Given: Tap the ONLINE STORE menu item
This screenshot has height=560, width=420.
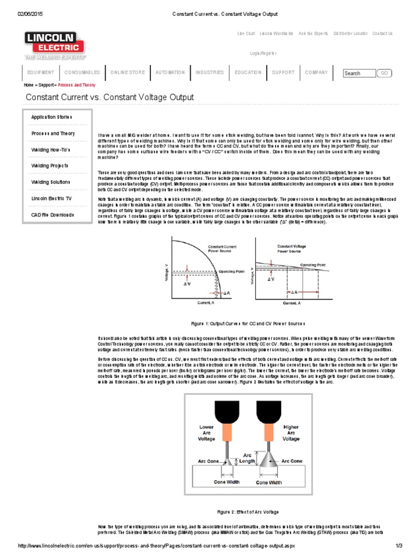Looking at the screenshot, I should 127,72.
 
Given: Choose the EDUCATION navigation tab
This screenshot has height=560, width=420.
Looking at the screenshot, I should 248,72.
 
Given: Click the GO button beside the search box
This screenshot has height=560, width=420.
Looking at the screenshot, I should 384,73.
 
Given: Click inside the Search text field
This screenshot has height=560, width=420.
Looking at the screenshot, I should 359,73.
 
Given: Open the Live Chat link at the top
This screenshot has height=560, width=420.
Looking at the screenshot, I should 246,33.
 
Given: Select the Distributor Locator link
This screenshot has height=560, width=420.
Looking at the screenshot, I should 350,33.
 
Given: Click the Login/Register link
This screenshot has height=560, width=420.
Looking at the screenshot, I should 263,53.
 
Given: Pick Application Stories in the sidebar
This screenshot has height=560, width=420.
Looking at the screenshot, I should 51,117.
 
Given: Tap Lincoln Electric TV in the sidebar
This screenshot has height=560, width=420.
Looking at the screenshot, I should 51,199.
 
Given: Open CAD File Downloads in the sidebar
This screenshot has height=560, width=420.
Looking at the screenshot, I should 52,215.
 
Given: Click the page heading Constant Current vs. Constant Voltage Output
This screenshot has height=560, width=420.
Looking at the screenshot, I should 110,97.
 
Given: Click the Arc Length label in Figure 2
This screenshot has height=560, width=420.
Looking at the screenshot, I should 248,458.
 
